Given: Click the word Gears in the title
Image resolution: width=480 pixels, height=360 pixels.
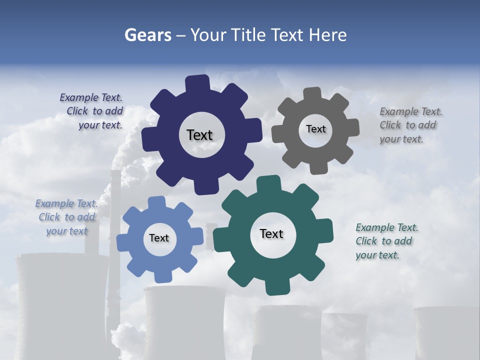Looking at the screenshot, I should coord(147,35).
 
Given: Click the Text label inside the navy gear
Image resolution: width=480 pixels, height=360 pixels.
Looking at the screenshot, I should coord(199,135).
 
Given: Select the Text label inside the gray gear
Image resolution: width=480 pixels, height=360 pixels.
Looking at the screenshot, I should coord(315,129).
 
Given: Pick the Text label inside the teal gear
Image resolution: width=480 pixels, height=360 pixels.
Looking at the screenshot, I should coord(271,233).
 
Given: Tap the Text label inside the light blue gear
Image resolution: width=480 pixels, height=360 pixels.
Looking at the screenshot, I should coord(159,238).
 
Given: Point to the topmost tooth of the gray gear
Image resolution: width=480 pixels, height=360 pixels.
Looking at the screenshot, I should coord(312,94).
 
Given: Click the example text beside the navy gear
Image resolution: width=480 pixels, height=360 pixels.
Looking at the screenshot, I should coord(92,111).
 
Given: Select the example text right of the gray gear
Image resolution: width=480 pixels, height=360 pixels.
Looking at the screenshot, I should coord(410,125).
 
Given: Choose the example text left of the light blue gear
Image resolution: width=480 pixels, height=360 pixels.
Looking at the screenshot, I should coord(66,217).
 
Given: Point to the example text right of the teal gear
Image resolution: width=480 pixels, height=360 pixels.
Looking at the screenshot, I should coord(386,241).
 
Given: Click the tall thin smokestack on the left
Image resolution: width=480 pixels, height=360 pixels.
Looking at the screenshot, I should coord(115,210).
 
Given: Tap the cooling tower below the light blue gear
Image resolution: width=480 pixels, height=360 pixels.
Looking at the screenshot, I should coord(184,320).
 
